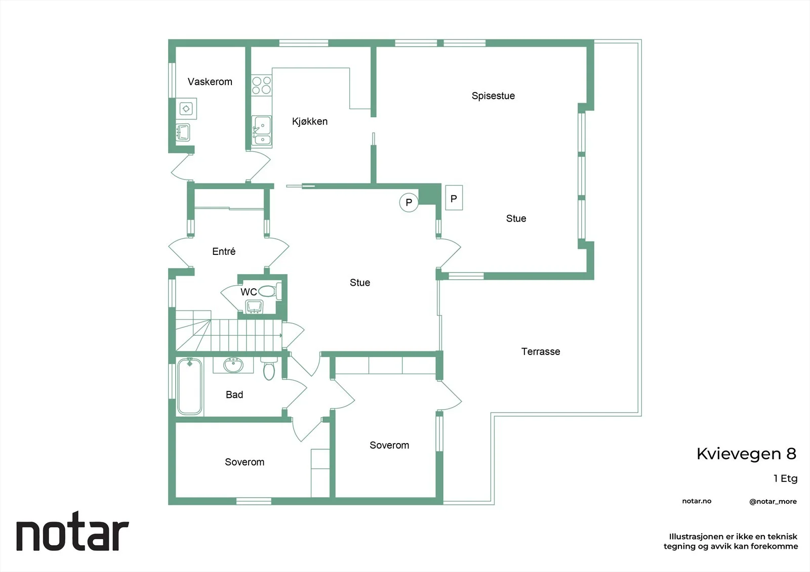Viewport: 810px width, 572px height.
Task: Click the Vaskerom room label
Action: click(x=210, y=81)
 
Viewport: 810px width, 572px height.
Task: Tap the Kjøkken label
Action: click(x=310, y=121)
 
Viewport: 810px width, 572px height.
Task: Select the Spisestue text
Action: click(x=493, y=96)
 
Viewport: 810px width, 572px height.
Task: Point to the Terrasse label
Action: click(x=541, y=351)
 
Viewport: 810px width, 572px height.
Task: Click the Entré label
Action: click(x=224, y=251)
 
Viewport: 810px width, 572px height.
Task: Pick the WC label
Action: click(x=249, y=292)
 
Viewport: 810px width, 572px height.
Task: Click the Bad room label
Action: click(x=234, y=394)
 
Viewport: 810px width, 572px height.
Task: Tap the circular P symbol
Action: click(x=409, y=202)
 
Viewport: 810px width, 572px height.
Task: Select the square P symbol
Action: click(x=454, y=198)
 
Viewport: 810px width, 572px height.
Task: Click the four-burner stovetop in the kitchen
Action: click(x=261, y=85)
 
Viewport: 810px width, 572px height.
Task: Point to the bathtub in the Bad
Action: click(x=189, y=386)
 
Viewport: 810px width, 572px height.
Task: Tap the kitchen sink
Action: click(x=261, y=130)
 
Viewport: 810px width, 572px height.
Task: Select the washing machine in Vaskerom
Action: click(x=186, y=108)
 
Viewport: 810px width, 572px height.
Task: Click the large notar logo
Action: click(x=73, y=531)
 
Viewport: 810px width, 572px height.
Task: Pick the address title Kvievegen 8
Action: click(x=746, y=454)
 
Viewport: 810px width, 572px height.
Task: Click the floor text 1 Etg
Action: click(x=785, y=478)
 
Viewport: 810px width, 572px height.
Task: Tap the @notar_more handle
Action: click(x=773, y=502)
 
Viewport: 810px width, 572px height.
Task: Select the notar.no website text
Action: click(x=697, y=501)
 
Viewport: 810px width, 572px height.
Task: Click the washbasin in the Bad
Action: click(x=233, y=365)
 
